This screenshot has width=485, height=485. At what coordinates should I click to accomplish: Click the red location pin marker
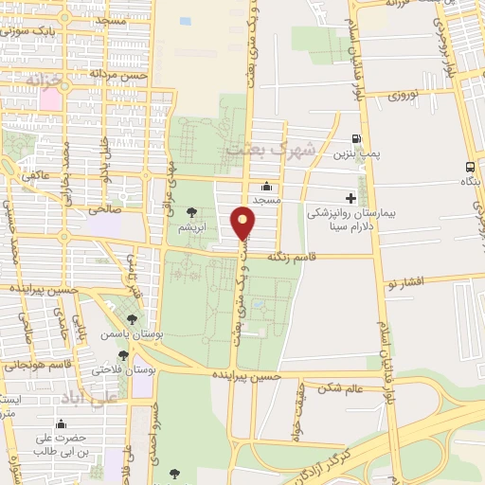coord(243,225)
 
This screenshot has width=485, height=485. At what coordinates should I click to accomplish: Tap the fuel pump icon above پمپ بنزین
coord(356,137)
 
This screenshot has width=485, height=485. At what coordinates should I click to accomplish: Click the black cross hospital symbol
coord(350,198)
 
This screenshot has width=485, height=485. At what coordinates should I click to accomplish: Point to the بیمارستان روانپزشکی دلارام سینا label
coord(343,221)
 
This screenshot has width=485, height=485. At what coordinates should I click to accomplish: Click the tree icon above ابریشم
coord(193,213)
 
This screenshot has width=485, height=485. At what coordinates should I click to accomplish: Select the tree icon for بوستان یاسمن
coord(132,320)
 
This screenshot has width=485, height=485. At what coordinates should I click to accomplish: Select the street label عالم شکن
coord(341,387)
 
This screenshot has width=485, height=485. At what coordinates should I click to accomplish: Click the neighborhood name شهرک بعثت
coord(257,150)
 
